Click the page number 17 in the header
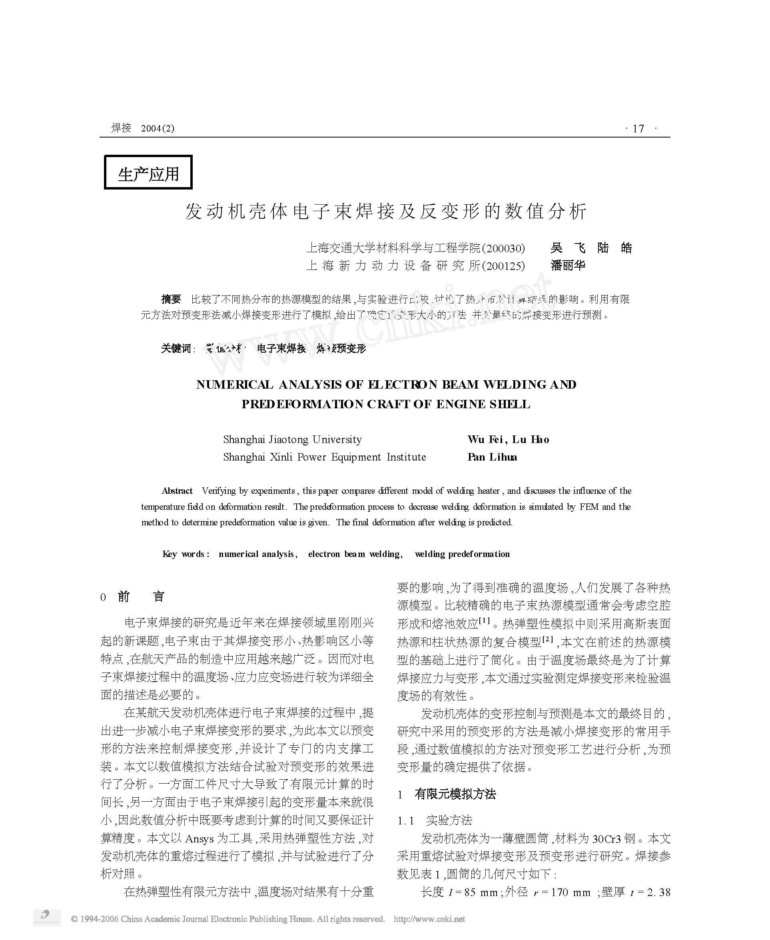coord(638,129)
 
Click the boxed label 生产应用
coord(148,173)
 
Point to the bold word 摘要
coord(171,299)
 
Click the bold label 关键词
coord(176,349)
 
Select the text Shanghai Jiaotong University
coord(292,440)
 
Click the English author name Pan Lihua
coord(492,457)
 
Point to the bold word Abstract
coord(177,491)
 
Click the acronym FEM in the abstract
coord(588,507)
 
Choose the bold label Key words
coord(184,554)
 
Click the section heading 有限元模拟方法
coord(455,794)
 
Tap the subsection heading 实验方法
coord(449,821)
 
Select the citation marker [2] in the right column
coord(548,639)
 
